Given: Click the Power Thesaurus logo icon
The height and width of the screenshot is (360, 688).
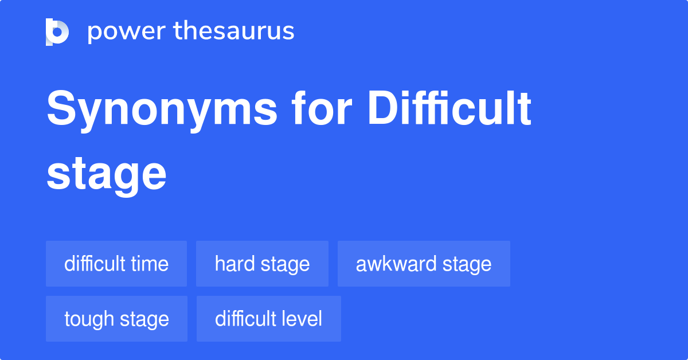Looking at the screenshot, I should (x=57, y=32).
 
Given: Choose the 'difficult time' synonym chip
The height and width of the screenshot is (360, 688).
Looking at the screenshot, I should (x=116, y=264).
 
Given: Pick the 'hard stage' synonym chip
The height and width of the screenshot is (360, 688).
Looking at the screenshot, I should (x=262, y=264).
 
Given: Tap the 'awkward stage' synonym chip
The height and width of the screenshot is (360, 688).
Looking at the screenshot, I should (x=424, y=264).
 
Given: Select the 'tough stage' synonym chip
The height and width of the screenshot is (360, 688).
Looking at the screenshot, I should (x=116, y=319).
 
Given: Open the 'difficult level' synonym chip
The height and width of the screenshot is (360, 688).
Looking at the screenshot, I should (x=268, y=319).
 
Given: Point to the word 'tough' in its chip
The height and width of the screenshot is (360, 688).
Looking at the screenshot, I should (x=89, y=319).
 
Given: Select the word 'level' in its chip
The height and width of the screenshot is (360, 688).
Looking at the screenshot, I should (x=302, y=319).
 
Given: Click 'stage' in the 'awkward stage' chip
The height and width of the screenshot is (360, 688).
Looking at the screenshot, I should (x=467, y=264).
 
